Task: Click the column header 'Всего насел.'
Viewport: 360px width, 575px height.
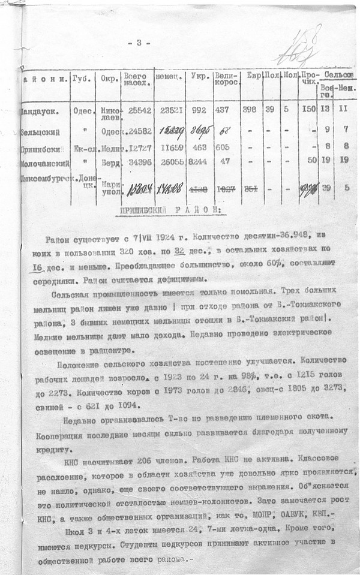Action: (137, 80)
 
